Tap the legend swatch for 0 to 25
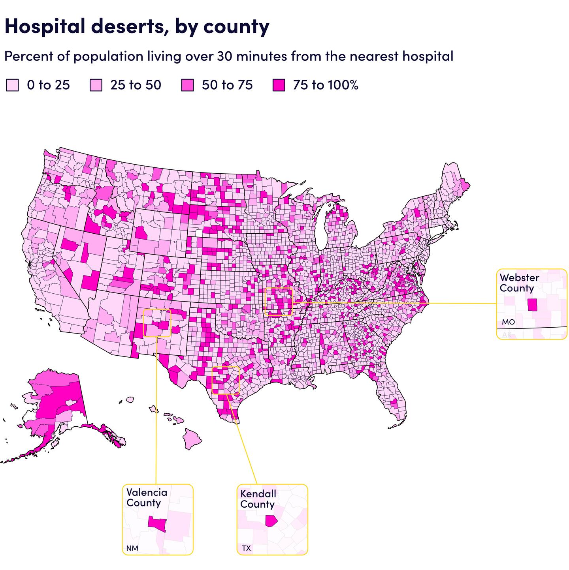pyautogui.click(x=12, y=85)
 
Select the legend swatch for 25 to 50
pyautogui.click(x=96, y=85)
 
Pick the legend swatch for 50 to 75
pyautogui.click(x=187, y=85)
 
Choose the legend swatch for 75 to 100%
pyautogui.click(x=279, y=85)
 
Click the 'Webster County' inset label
pyautogui.click(x=519, y=283)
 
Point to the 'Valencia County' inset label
pyautogui.click(x=147, y=497)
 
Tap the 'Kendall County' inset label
pyautogui.click(x=258, y=499)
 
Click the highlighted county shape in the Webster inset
pyautogui.click(x=532, y=305)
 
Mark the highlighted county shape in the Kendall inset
pyautogui.click(x=271, y=521)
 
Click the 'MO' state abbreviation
pyautogui.click(x=508, y=322)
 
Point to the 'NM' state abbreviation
pyautogui.click(x=132, y=548)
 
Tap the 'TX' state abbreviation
pyautogui.click(x=246, y=548)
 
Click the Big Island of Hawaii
pyautogui.click(x=192, y=438)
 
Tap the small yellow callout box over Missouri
pyautogui.click(x=278, y=302)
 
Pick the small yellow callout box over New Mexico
pyautogui.click(x=157, y=323)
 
